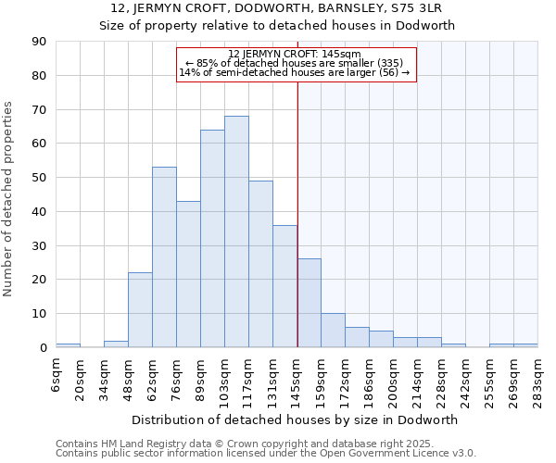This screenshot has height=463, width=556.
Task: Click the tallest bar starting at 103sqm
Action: coord(236,231)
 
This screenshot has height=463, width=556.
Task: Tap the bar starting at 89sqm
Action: coord(212,239)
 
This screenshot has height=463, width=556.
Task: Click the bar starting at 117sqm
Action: coord(260,264)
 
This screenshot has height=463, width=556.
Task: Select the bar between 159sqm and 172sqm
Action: coord(333,331)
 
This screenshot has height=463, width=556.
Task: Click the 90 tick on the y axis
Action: coord(39,42)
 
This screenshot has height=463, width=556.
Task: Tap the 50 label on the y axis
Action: coord(39,178)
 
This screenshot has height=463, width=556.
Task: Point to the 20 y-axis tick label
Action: coord(39,280)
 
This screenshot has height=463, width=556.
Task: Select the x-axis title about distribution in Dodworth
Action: coord(295,419)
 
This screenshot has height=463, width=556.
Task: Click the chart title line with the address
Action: coord(277,9)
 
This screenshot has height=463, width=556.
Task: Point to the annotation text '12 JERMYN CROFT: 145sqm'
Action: coord(295,54)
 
